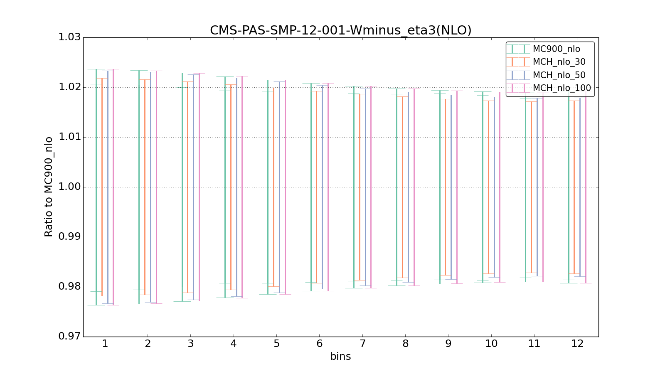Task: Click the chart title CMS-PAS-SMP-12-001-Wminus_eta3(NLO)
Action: [x=340, y=30]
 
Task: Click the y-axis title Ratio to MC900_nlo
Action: [x=49, y=187]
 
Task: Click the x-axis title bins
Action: [x=340, y=356]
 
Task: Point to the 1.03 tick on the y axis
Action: [x=69, y=37]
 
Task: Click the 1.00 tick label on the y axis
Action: [x=69, y=187]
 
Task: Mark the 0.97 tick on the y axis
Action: [x=69, y=337]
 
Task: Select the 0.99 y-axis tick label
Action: [x=69, y=237]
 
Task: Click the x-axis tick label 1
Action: [x=105, y=344]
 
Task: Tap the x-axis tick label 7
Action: [x=362, y=344]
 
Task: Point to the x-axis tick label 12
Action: [x=577, y=344]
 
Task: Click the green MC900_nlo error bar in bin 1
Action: [x=96, y=187]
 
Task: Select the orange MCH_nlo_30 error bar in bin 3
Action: [x=188, y=187]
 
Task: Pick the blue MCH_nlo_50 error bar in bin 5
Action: [x=279, y=187]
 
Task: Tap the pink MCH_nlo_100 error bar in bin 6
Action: [x=328, y=187]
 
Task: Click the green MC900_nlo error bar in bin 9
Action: [x=440, y=187]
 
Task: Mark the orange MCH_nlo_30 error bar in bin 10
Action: [x=488, y=187]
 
